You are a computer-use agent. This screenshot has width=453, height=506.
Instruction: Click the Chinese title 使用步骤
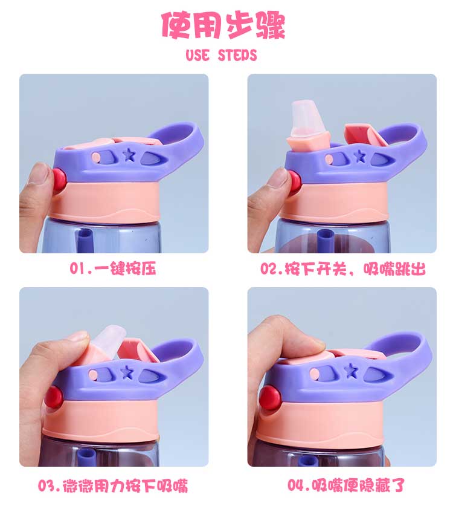(223, 26)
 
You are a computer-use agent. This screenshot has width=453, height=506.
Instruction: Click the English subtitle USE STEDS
(221, 55)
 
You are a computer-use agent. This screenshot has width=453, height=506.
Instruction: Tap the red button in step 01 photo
(59, 179)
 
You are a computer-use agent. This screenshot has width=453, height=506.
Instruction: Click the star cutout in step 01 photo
(129, 155)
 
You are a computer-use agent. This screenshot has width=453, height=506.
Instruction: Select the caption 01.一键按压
(113, 268)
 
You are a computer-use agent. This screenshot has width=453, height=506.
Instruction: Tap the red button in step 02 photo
(295, 183)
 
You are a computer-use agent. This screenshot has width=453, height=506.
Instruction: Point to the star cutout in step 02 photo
(359, 157)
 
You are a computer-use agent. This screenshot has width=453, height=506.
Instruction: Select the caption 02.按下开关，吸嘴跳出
(343, 268)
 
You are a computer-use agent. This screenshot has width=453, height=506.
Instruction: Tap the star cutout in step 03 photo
(127, 372)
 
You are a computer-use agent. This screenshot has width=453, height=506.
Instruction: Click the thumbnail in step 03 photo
(79, 336)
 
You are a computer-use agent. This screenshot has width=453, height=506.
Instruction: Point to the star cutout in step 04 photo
(350, 371)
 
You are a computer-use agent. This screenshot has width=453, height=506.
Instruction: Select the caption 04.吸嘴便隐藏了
(346, 485)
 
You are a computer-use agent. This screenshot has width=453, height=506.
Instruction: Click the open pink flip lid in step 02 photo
(366, 135)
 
